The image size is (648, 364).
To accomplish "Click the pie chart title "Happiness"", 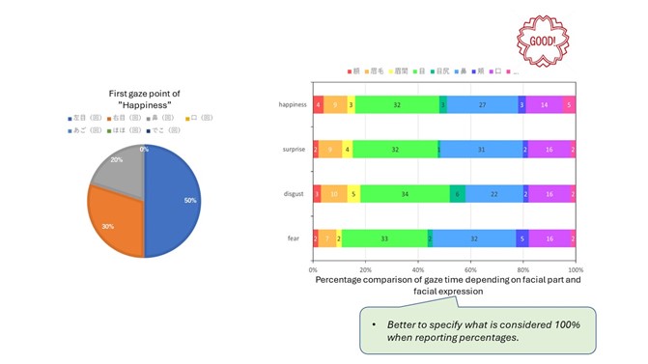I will [x=144, y=103].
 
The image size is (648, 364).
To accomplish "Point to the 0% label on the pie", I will [x=144, y=150].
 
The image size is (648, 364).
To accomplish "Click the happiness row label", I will [x=293, y=104].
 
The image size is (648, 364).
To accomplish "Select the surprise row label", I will [x=294, y=150].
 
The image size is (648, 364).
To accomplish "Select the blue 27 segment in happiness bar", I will [x=482, y=104].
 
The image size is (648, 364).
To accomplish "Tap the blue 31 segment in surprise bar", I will [x=480, y=150].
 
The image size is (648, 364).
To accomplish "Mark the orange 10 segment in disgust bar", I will [x=334, y=194].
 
